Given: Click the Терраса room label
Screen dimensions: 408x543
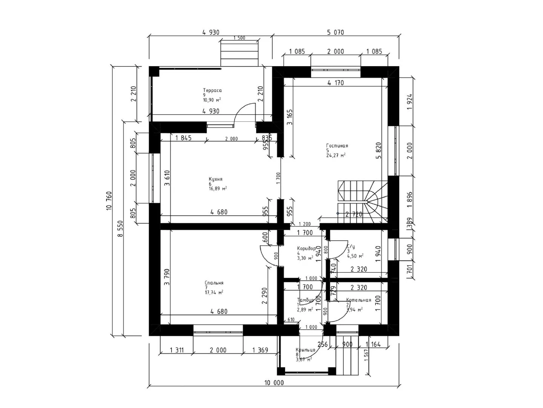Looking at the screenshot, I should [212, 91].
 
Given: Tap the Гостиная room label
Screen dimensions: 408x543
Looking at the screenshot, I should [337, 146].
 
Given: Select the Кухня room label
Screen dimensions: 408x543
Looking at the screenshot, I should [216, 179].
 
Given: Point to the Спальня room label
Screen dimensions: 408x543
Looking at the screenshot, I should [214, 283].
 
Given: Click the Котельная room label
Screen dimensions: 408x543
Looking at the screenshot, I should [359, 300].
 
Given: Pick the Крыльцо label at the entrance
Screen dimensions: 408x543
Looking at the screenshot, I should [305, 350].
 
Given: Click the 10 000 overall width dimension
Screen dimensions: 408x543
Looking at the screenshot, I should [274, 383].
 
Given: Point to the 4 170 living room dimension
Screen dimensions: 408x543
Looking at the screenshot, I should [336, 83].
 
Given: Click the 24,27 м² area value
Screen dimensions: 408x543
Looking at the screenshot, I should [336, 155].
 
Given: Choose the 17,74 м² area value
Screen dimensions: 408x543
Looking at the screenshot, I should [214, 292].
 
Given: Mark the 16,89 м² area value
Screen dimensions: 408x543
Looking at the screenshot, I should [218, 189].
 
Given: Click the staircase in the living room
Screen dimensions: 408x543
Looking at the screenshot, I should [362, 200].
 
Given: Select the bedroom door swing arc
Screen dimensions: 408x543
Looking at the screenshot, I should [268, 255].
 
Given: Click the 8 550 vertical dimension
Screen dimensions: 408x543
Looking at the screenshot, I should [120, 229].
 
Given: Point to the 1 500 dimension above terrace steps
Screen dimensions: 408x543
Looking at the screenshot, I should [239, 38].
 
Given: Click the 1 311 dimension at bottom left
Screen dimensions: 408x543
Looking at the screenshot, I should [176, 350].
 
